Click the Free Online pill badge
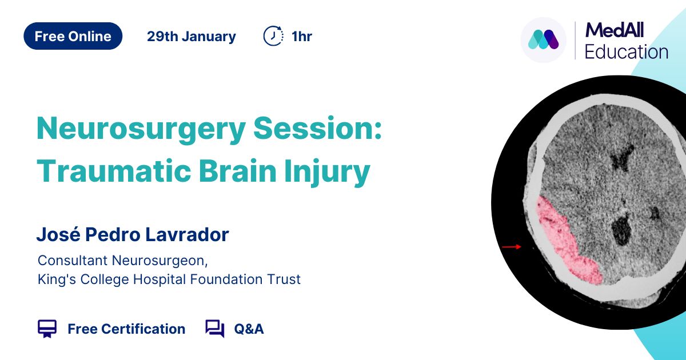tap(73, 36)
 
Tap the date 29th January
tap(192, 37)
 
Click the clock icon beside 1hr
tap(273, 36)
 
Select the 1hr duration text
tap(302, 37)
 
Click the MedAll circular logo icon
tap(543, 40)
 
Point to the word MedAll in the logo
tap(615, 30)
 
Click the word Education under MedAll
tap(627, 51)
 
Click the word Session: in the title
tap(318, 128)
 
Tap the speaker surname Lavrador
tap(187, 235)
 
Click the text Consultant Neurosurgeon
tap(122, 261)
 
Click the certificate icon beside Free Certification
tap(47, 329)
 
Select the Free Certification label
tap(126, 329)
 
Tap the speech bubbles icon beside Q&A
tap(215, 329)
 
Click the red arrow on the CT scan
tap(512, 247)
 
